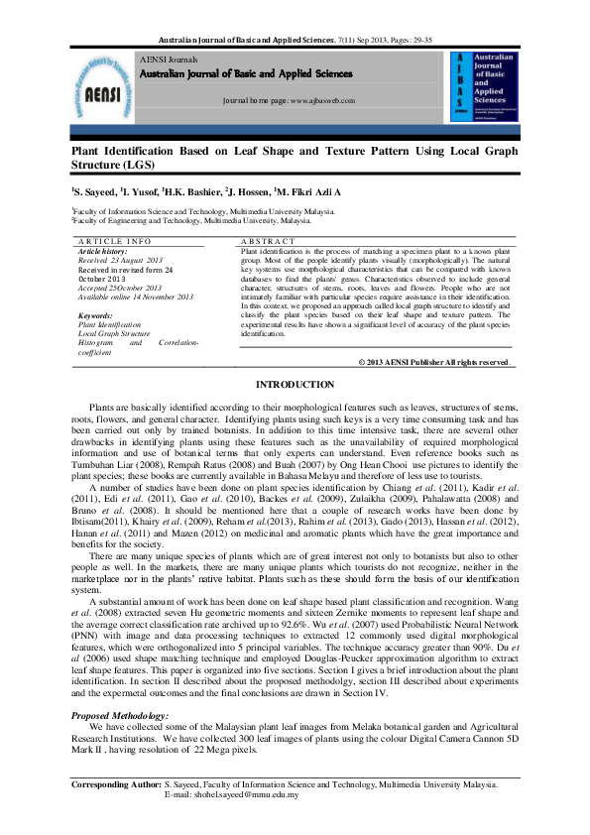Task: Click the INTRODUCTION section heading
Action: click(295, 384)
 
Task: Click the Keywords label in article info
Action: click(95, 315)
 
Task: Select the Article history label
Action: click(104, 251)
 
